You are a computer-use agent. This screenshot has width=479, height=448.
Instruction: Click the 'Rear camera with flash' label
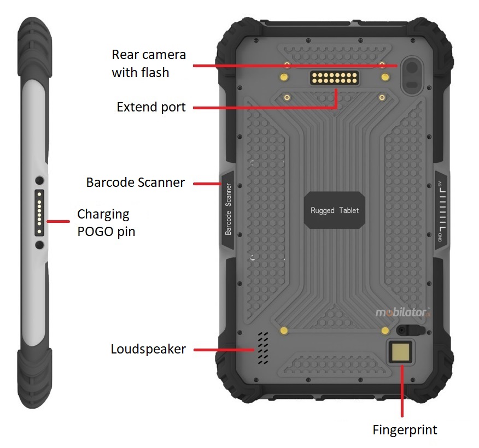point(149,63)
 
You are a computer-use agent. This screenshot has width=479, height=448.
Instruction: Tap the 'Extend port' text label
point(151,107)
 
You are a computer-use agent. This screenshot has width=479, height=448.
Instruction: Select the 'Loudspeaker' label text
point(148,349)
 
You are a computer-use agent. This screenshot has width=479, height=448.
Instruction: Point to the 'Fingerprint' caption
point(405,430)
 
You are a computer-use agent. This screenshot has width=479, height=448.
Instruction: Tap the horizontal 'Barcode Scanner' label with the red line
point(135,182)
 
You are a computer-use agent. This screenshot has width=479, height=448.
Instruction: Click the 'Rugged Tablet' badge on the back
point(335,210)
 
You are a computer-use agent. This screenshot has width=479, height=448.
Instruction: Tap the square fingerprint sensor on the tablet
point(402,352)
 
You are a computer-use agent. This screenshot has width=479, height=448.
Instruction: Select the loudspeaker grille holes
point(263,348)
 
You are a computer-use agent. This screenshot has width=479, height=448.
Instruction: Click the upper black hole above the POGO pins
point(40,180)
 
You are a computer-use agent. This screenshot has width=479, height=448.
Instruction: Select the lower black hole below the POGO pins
point(40,245)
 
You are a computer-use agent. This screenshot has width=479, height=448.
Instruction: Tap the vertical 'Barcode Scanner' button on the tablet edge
point(228,210)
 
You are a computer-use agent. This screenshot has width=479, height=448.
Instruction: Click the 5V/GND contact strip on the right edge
point(442,210)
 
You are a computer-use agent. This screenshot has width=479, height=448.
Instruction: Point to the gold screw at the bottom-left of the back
point(284,331)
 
